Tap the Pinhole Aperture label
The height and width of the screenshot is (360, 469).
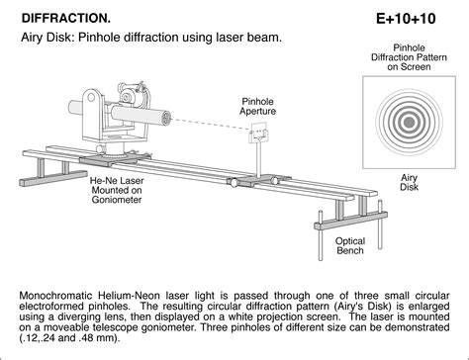[x=259, y=107]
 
